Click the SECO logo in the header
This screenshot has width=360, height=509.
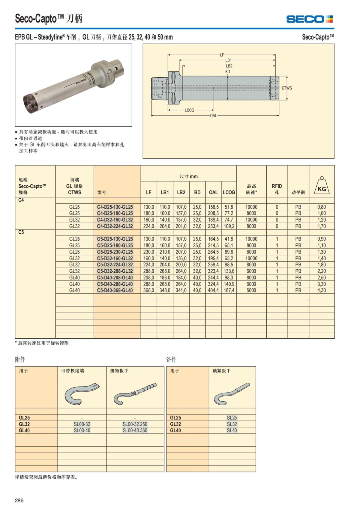click(x=309, y=19)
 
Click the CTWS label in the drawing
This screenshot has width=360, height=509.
click(x=286, y=88)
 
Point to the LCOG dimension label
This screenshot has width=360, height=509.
click(x=189, y=110)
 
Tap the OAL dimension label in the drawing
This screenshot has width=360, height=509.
click(x=213, y=115)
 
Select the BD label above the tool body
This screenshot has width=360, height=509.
click(x=227, y=72)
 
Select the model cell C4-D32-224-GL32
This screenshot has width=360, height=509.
click(x=115, y=226)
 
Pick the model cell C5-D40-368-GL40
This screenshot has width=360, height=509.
click(x=115, y=290)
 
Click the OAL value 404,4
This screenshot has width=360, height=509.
click(x=213, y=290)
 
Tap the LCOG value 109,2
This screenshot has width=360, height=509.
click(x=229, y=226)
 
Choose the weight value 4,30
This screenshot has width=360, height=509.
click(x=322, y=290)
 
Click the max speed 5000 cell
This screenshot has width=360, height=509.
click(x=251, y=290)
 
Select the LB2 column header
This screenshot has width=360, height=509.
click(x=181, y=192)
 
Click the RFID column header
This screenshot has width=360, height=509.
click(x=277, y=189)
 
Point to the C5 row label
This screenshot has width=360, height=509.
click(x=21, y=232)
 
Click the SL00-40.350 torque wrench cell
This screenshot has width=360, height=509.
click(x=135, y=430)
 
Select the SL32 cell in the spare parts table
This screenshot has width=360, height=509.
click(x=232, y=424)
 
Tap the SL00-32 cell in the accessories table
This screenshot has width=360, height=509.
click(x=82, y=424)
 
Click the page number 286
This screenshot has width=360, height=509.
click(x=19, y=500)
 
